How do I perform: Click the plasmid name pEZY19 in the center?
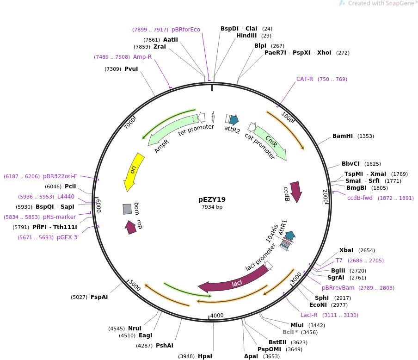[x=212, y=199]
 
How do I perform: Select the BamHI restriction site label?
[x=342, y=136]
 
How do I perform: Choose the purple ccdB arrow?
[x=295, y=190]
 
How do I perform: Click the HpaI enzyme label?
[x=204, y=356]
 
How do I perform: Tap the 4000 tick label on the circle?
[x=217, y=316]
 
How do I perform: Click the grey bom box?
[x=127, y=209]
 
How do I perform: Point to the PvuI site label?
[x=131, y=69]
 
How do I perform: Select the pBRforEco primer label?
[x=186, y=30]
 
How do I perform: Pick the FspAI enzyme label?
[x=99, y=297]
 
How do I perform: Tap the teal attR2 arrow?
[x=234, y=120]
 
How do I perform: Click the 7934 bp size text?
[x=212, y=207]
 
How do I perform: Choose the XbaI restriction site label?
[x=346, y=250]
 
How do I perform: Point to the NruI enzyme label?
[x=135, y=328]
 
